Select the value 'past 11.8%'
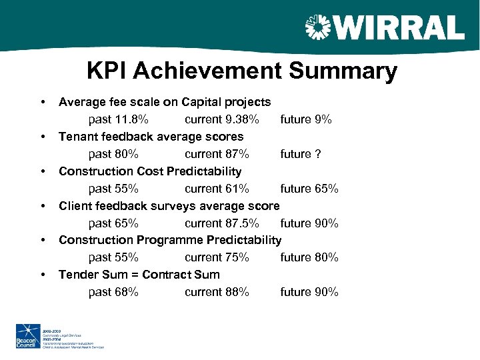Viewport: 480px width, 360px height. pyautogui.click(x=118, y=120)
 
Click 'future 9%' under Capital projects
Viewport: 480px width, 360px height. pyautogui.click(x=306, y=120)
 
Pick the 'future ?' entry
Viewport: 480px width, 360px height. pyautogui.click(x=301, y=154)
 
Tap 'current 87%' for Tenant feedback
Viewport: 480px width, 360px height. pyautogui.click(x=217, y=154)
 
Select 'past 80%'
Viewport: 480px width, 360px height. pyautogui.click(x=113, y=154)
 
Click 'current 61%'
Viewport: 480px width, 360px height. pyautogui.click(x=217, y=189)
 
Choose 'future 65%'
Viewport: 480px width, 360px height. pyautogui.click(x=309, y=189)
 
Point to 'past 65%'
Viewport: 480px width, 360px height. pyautogui.click(x=113, y=223)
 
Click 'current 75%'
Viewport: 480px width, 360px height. pyautogui.click(x=217, y=257)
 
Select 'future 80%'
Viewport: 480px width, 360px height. pyautogui.click(x=309, y=257)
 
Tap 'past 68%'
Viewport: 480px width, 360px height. pyautogui.click(x=113, y=292)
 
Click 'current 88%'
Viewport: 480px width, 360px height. pyautogui.click(x=217, y=292)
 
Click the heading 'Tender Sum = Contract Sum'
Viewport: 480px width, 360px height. pyautogui.click(x=139, y=275)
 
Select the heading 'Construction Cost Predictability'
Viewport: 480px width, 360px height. pyautogui.click(x=150, y=171)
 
